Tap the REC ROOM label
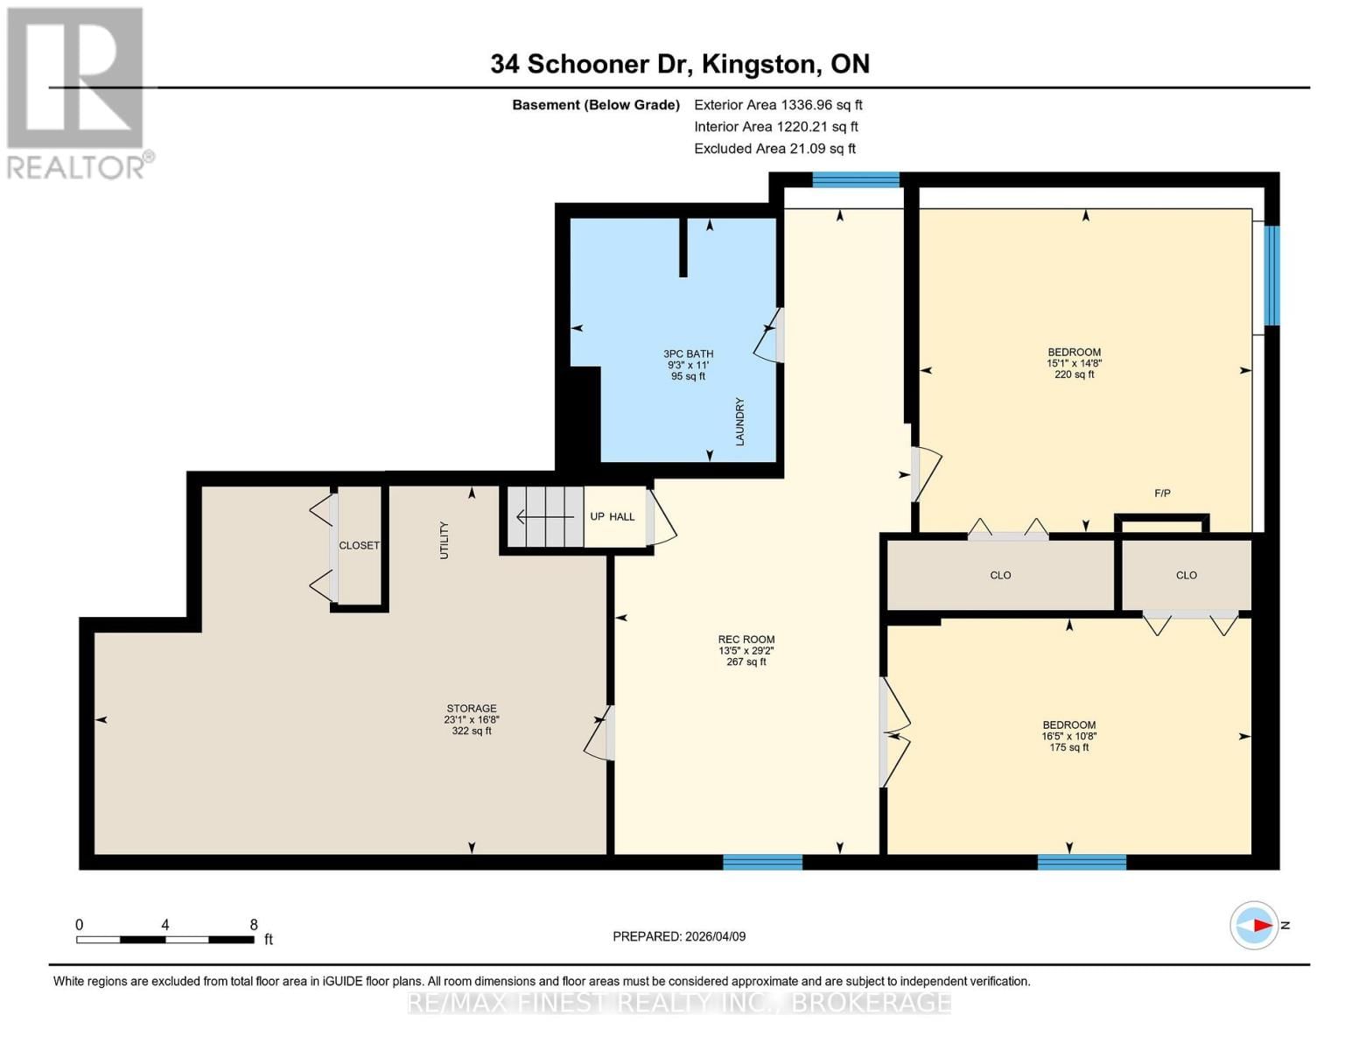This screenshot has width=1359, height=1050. point(746,650)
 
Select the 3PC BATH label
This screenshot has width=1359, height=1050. point(688,365)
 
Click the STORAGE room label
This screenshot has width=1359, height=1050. point(471,719)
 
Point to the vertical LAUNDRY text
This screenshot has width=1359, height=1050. point(739,422)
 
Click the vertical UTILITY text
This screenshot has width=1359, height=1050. point(444,540)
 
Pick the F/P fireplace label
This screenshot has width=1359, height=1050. point(1162,493)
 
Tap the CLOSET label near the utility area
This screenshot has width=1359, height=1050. point(359,545)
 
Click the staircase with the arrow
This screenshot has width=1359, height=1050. point(544,517)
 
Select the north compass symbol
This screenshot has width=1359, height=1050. point(1255,925)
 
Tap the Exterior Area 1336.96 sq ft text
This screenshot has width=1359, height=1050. point(778,105)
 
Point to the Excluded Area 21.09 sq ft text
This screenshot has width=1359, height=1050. point(774,149)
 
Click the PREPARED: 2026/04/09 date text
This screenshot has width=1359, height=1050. point(679,936)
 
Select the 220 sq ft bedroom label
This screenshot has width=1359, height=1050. point(1074,363)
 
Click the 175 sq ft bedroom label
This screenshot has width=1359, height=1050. point(1068,736)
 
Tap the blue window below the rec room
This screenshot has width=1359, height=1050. point(762,862)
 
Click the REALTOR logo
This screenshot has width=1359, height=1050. point(76,92)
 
